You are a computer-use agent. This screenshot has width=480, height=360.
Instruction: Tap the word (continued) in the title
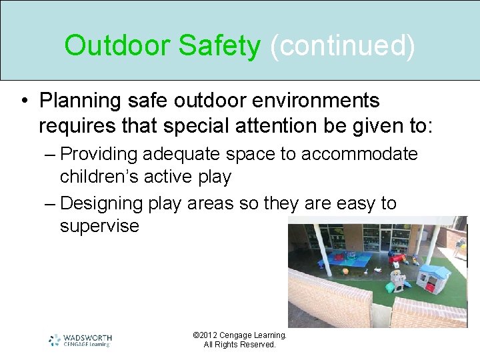[342, 46]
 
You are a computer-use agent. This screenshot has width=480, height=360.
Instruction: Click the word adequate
[182, 155]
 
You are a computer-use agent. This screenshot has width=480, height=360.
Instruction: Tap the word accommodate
[359, 155]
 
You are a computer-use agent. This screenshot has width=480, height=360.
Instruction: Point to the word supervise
[99, 226]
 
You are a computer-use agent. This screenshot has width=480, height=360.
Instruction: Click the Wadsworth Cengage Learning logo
[80, 340]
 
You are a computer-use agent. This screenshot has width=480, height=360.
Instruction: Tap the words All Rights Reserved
[239, 345]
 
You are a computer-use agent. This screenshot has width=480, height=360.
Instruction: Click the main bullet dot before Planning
[24, 101]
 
